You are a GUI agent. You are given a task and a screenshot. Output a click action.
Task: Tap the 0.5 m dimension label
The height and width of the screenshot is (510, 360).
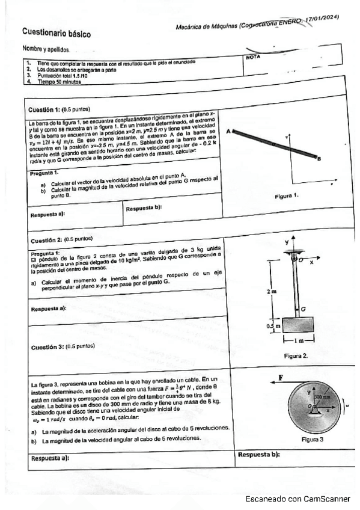270,326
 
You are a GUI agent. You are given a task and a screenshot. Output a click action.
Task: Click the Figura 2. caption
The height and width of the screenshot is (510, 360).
296,356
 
